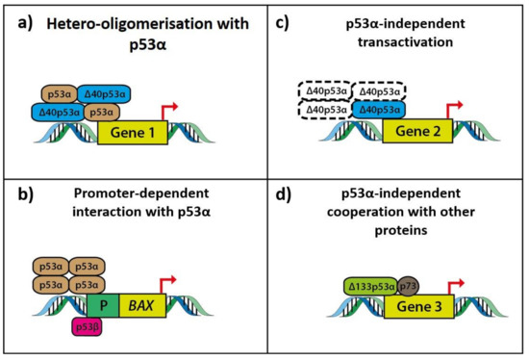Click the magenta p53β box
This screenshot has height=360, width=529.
87,329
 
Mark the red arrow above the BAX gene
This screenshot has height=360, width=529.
175,280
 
